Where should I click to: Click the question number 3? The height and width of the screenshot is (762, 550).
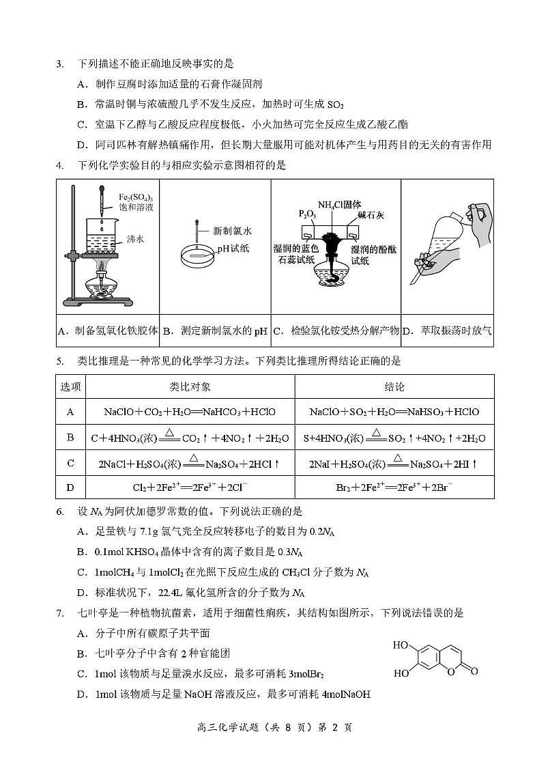point(60,64)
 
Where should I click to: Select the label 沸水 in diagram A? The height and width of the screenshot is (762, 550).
point(134,239)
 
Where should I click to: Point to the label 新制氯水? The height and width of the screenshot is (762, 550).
point(233,231)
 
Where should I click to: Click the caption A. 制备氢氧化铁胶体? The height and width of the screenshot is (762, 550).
point(108,332)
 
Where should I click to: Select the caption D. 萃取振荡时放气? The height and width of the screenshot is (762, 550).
point(447,332)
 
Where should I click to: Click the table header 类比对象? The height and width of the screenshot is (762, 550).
point(190,387)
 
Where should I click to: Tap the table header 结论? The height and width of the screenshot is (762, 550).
point(394,387)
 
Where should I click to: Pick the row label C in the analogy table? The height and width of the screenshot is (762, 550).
point(70,464)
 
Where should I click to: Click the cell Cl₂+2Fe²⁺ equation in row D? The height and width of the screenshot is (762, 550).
point(190,488)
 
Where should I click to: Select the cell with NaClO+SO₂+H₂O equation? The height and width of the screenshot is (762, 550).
point(394,412)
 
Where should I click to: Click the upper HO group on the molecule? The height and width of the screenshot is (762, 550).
point(401,645)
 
